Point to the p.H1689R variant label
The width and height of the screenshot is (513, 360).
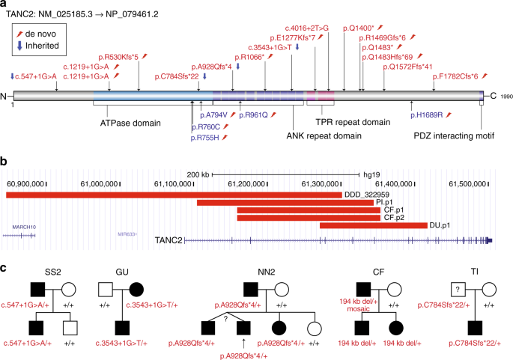pos(434,115)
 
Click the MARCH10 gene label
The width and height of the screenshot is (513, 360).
pos(17,225)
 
